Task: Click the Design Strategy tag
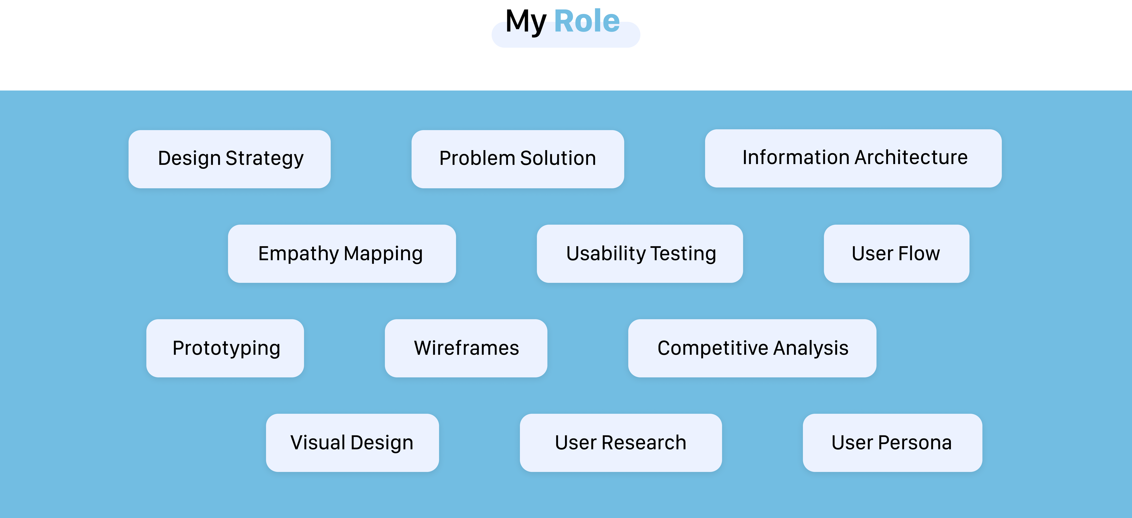(x=229, y=159)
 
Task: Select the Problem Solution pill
(x=518, y=159)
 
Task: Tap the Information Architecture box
(x=853, y=158)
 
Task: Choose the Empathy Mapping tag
(x=341, y=254)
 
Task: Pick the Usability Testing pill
(x=640, y=254)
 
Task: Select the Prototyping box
(x=225, y=348)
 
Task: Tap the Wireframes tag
(x=466, y=348)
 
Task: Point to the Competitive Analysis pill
(x=752, y=348)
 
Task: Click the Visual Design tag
(x=352, y=442)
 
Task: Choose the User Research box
(x=621, y=442)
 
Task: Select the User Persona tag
(x=892, y=442)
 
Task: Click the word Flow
(x=919, y=254)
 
